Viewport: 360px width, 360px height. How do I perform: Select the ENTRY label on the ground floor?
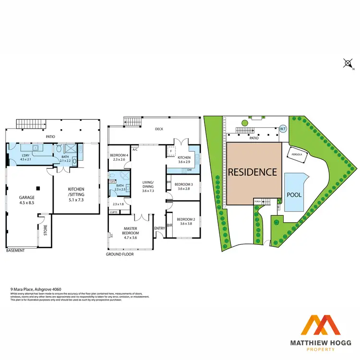click(x=160, y=228)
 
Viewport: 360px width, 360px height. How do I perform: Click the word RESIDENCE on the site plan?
click(x=252, y=172)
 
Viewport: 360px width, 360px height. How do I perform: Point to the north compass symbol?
click(x=348, y=63)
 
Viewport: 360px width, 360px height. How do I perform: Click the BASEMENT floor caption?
click(x=15, y=250)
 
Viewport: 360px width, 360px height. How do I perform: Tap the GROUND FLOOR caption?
click(x=120, y=254)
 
